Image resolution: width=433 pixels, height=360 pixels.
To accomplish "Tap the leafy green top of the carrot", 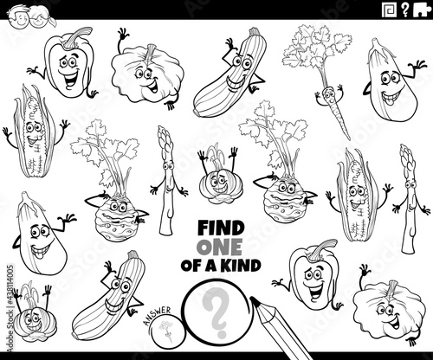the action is coord(316,52).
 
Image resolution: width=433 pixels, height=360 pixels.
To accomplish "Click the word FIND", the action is coord(221,228).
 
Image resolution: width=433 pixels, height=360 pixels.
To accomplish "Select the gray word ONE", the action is coord(219,247).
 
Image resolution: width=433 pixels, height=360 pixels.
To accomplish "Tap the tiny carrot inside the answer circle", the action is coord(166,331).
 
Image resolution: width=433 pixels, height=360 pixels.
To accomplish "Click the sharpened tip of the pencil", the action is coord(254,299).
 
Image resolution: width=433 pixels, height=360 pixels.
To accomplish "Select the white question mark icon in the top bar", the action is coord(405,10).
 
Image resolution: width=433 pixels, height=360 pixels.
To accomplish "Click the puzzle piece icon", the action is coord(422,10).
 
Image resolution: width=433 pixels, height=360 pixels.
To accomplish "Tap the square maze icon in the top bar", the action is coord(389,10).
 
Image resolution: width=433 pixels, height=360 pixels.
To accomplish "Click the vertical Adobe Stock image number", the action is coord(10,308).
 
